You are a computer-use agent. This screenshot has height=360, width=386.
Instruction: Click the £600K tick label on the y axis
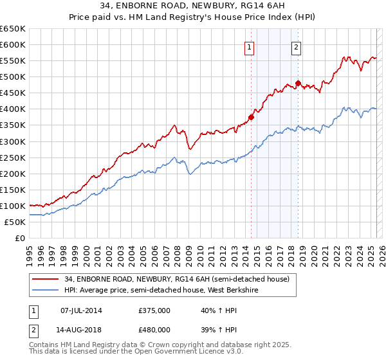13,44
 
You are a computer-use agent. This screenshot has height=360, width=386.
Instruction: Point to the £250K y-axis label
13,157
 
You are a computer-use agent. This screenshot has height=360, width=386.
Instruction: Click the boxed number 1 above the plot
249,46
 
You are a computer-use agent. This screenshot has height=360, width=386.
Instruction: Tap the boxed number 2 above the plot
296,46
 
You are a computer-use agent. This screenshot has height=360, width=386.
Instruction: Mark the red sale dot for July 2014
251,117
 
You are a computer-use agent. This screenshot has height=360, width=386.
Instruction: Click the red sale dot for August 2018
299,83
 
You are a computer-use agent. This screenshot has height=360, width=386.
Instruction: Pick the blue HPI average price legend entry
171,290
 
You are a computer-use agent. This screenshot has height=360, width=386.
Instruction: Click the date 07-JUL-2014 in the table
81,310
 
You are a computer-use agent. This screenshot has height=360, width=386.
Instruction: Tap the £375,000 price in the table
154,310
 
